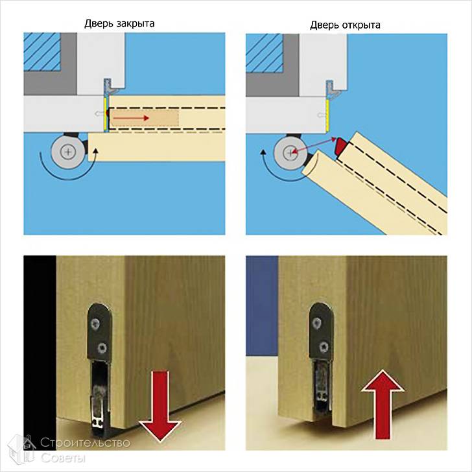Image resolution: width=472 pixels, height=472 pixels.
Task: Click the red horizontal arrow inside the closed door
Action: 131,118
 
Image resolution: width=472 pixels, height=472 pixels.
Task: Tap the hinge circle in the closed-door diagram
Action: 68,152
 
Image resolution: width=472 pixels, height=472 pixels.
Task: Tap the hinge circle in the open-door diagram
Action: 290,152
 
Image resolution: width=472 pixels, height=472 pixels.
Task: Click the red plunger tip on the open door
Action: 342,147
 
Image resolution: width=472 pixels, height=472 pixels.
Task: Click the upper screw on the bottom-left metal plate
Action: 96,324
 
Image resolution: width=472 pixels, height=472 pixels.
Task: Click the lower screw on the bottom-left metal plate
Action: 102,348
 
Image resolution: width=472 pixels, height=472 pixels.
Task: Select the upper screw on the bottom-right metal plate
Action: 317,324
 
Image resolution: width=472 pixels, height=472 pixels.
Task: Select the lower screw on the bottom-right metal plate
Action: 324,347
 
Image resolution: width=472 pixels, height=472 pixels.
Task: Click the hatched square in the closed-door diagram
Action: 42,52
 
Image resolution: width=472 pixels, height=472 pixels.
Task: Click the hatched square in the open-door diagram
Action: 265,53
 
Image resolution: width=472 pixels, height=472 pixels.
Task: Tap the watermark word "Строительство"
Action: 85,442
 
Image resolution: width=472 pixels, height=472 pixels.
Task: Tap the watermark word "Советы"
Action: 63,458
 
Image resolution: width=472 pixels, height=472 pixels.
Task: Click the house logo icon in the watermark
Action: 21,449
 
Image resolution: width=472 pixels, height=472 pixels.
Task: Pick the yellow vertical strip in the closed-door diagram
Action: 105,114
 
